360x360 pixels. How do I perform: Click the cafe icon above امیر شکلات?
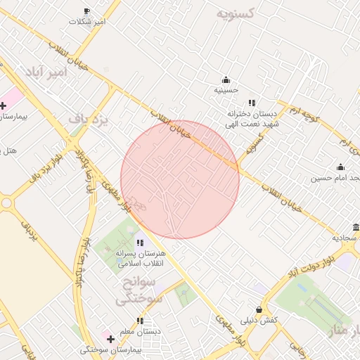coord(87,11)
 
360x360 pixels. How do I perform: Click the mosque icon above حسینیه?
coord(226,79)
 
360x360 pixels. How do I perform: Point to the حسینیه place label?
coord(226,90)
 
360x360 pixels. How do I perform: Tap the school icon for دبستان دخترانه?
coord(252,103)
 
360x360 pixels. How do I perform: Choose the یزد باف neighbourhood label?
coord(91,120)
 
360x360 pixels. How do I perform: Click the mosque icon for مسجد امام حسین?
coord(340,167)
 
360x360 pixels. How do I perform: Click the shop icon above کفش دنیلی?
coord(259,309)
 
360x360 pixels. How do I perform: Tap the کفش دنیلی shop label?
coord(259,320)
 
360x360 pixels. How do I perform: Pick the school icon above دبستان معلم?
coord(140,321)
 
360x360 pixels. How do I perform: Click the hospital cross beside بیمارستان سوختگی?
coord(110,339)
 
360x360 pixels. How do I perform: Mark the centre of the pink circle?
coord(180,179)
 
